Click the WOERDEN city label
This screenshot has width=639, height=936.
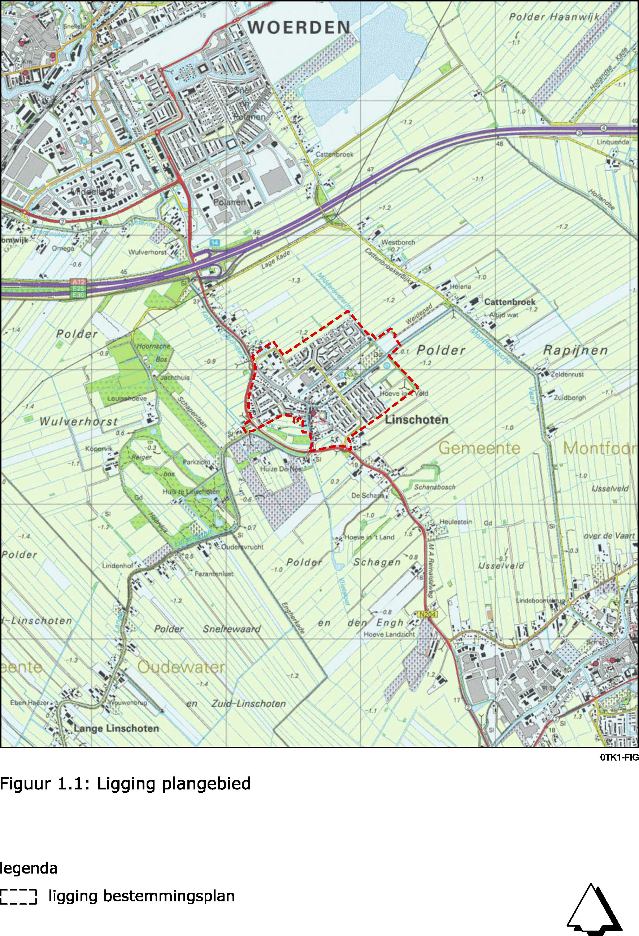[x=299, y=28]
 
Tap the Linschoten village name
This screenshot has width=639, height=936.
[x=417, y=420]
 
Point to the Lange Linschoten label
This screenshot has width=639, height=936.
[x=117, y=728]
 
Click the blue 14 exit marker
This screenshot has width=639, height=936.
[x=215, y=243]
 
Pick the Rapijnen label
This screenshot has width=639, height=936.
[x=575, y=351]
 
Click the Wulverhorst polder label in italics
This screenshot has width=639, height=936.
[x=79, y=422]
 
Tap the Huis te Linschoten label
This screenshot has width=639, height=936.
[x=191, y=492]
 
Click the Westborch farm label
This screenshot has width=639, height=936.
[x=398, y=243]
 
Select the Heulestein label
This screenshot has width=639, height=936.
[x=455, y=522]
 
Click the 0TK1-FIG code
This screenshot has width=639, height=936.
[x=619, y=758]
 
